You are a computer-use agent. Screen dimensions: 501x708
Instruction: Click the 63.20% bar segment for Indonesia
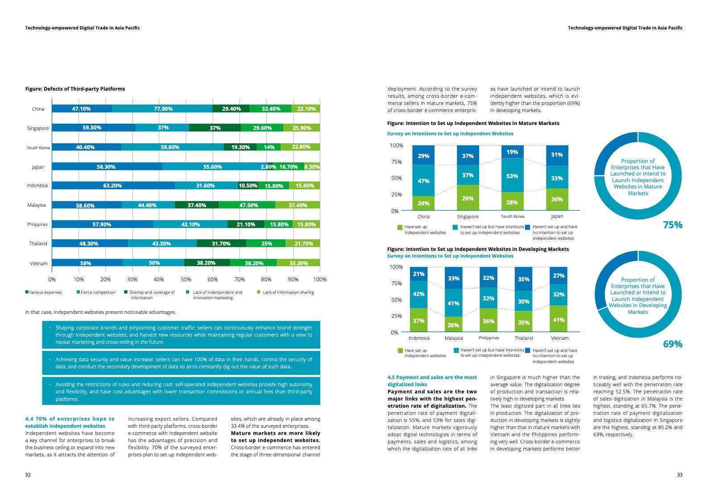113,186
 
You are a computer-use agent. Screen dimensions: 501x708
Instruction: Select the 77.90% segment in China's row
163,109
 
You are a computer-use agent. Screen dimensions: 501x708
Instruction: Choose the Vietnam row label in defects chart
39,263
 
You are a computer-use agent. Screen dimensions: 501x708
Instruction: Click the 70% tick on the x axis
240,280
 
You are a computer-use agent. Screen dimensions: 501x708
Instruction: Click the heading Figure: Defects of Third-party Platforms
75,89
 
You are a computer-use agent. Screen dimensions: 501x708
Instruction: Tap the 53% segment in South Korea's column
512,176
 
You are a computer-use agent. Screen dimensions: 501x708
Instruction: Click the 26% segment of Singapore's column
468,198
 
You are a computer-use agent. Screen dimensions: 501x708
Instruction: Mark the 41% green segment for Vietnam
559,320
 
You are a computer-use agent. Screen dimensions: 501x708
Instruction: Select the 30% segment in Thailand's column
523,301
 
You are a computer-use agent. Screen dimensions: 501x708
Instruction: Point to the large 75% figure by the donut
672,225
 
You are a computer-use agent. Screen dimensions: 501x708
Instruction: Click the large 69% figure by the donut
672,344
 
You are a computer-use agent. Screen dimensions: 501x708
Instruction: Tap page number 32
28,475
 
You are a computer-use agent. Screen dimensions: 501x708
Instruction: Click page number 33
679,475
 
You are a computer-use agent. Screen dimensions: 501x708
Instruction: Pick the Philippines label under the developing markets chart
489,338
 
